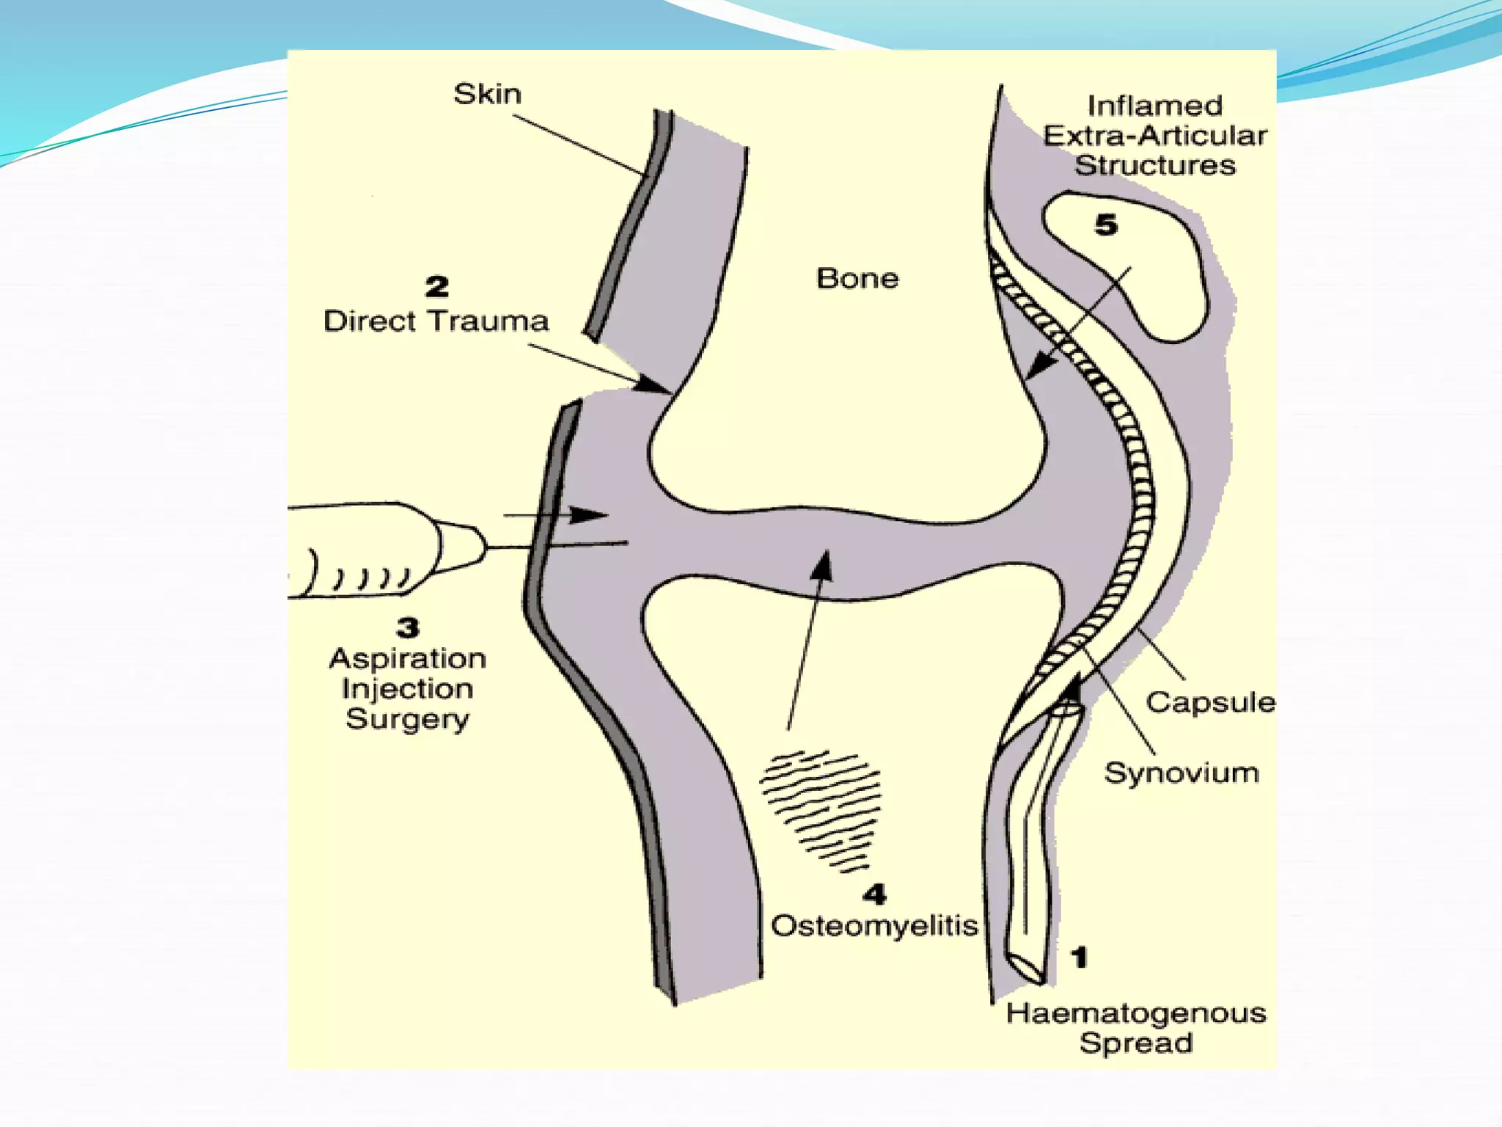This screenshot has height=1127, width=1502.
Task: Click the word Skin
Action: [487, 94]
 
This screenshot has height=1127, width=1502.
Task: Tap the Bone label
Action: [857, 278]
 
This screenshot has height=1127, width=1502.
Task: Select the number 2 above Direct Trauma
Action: [437, 286]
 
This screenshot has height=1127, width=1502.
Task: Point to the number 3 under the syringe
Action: [409, 627]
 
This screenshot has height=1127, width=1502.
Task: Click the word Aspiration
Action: [408, 658]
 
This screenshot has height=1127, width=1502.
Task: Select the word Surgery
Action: [408, 719]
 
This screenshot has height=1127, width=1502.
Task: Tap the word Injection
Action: [408, 688]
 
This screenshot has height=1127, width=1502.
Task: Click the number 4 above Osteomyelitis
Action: [874, 894]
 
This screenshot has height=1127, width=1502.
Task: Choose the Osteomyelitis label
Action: [874, 925]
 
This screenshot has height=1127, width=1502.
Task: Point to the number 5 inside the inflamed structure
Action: [1106, 225]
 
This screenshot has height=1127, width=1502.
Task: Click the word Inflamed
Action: [1155, 106]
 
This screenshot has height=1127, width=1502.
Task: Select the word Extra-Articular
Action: [1155, 136]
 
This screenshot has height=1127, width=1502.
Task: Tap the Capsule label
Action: [1211, 702]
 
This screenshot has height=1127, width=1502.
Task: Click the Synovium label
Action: [1182, 773]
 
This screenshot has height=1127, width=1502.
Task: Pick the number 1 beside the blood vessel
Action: [1079, 957]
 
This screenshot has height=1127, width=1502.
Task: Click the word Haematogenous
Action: [1136, 1013]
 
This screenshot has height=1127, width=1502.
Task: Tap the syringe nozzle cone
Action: [462, 547]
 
